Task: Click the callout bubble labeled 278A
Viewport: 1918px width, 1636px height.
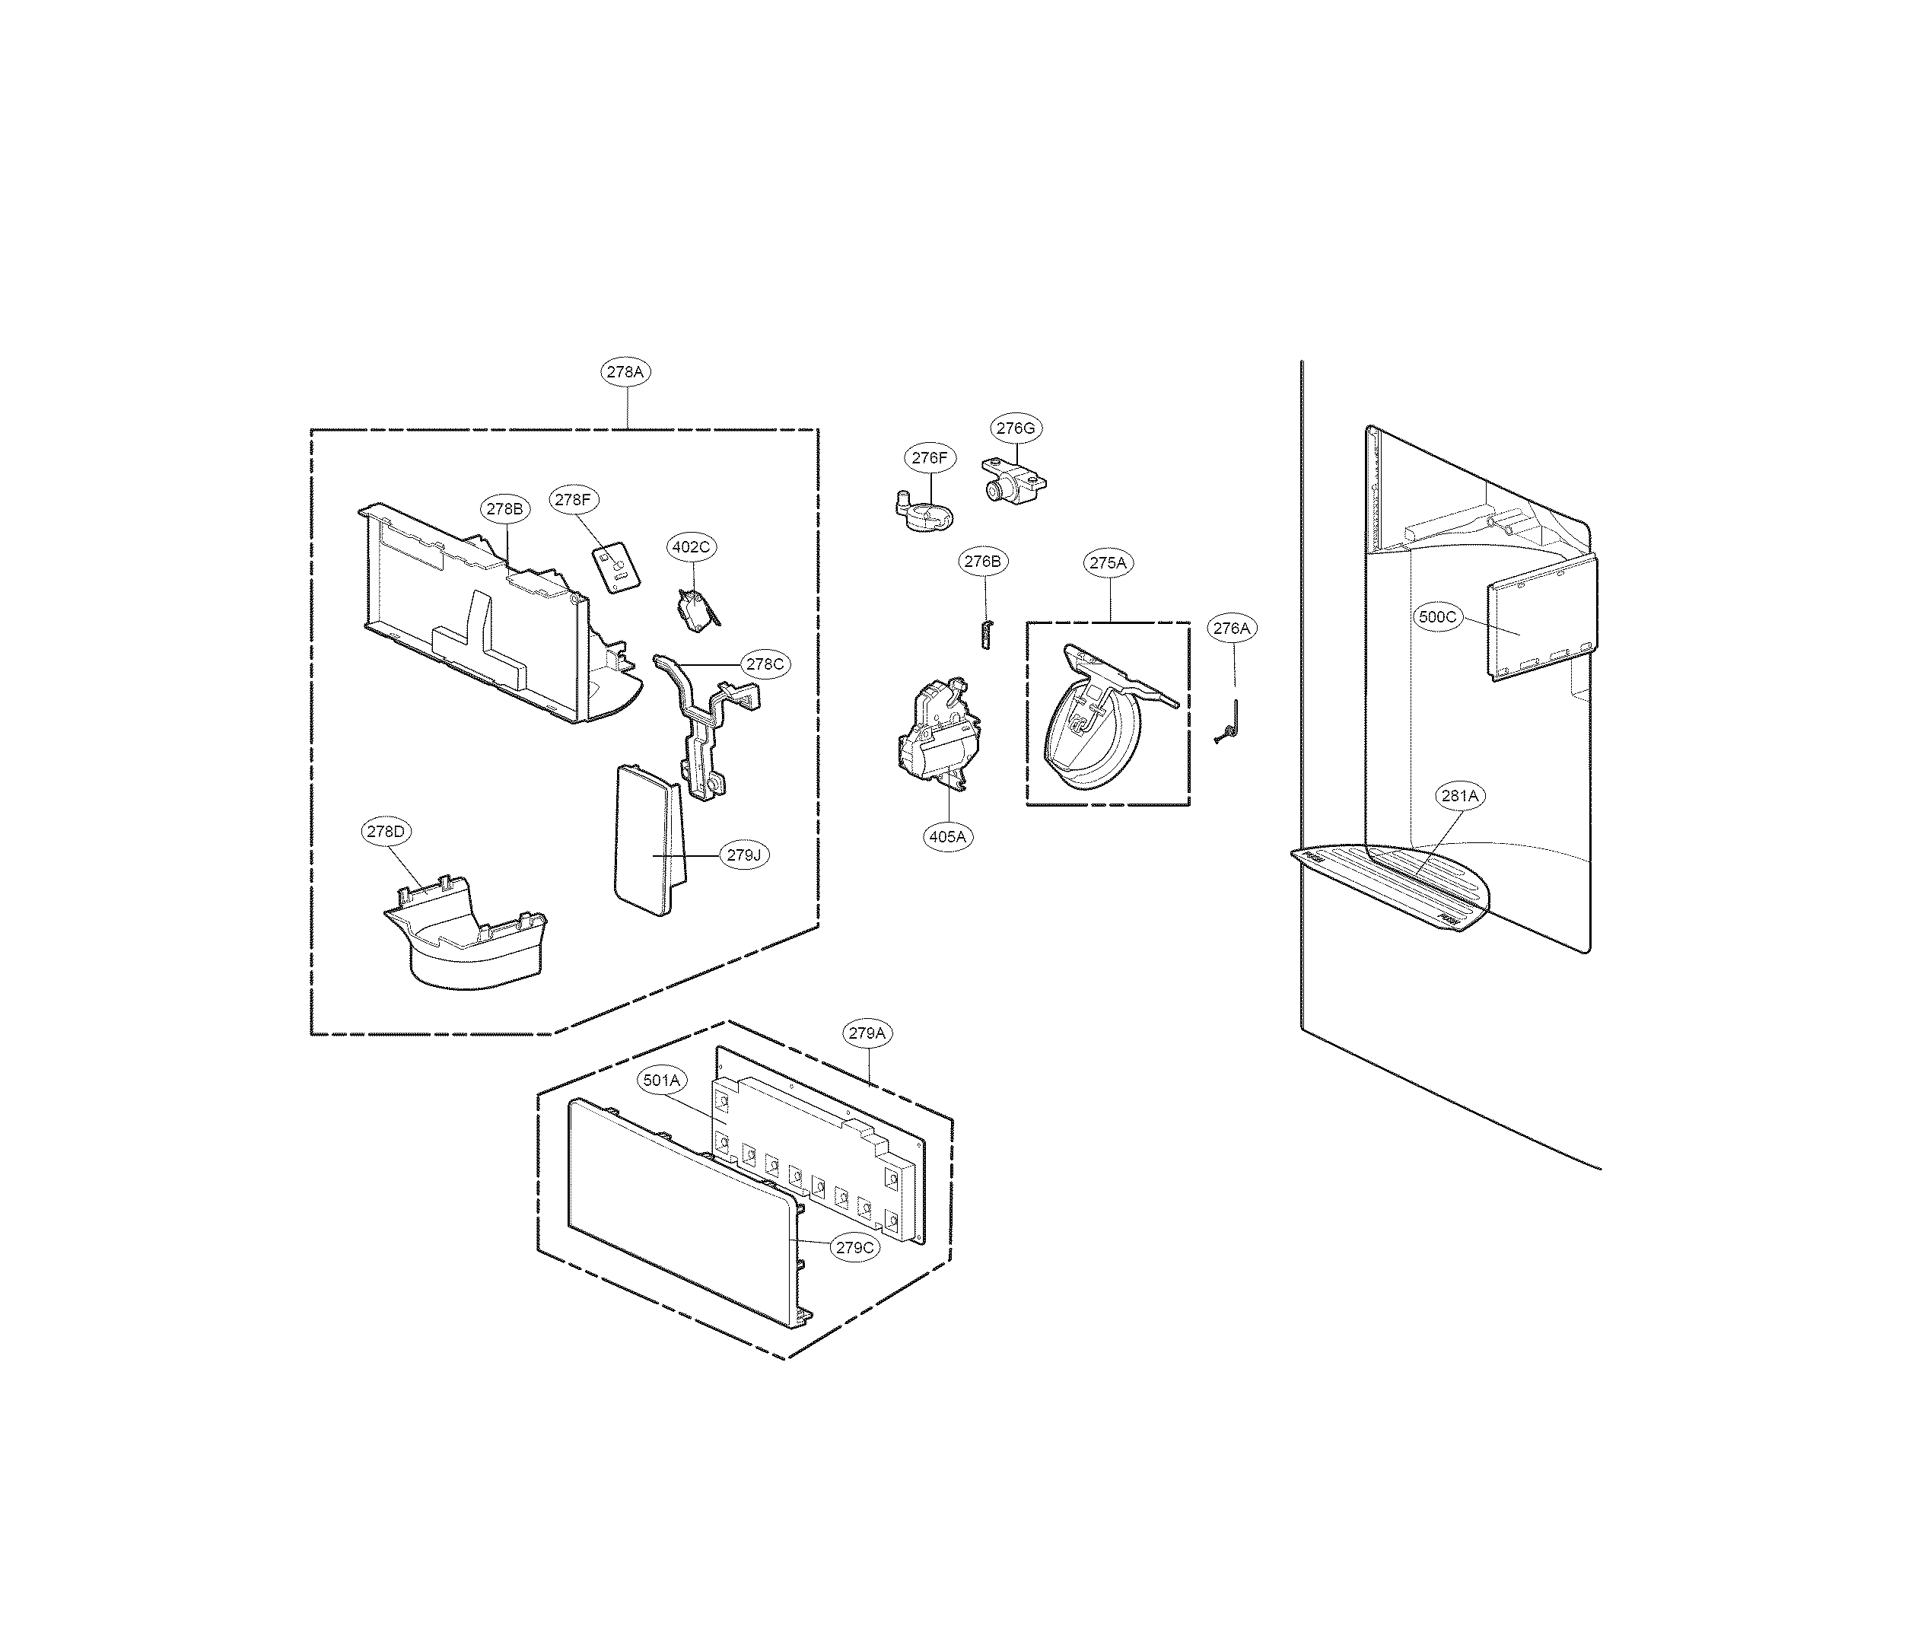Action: tap(625, 372)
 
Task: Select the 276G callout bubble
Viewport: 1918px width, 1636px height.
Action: tap(1015, 428)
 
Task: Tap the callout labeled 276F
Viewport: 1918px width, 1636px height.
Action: tap(928, 457)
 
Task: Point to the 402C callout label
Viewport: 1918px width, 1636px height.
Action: tap(691, 547)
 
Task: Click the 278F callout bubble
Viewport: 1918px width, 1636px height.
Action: tap(573, 500)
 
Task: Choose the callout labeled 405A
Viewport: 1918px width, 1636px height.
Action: tap(947, 836)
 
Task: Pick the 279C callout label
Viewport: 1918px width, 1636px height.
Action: tap(854, 1247)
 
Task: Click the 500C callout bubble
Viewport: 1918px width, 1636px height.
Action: tap(1438, 616)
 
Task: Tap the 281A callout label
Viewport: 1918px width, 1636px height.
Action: tap(1460, 795)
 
